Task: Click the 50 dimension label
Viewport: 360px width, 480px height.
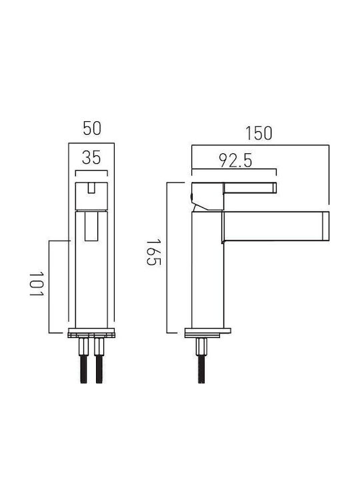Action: tap(92, 129)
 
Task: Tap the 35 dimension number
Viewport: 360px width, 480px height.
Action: tap(91, 158)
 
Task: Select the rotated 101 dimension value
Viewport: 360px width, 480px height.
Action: tap(37, 283)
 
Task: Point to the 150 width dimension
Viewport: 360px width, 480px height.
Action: tap(259, 133)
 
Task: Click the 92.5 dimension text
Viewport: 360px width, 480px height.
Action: tap(235, 161)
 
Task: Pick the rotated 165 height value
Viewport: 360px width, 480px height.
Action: tap(153, 253)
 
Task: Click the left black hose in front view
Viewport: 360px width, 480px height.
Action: tap(83, 369)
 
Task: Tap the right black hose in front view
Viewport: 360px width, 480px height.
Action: tap(99, 369)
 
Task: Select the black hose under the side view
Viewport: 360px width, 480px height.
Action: tap(201, 369)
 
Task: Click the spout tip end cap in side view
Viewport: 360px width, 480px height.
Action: tap(325, 226)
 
